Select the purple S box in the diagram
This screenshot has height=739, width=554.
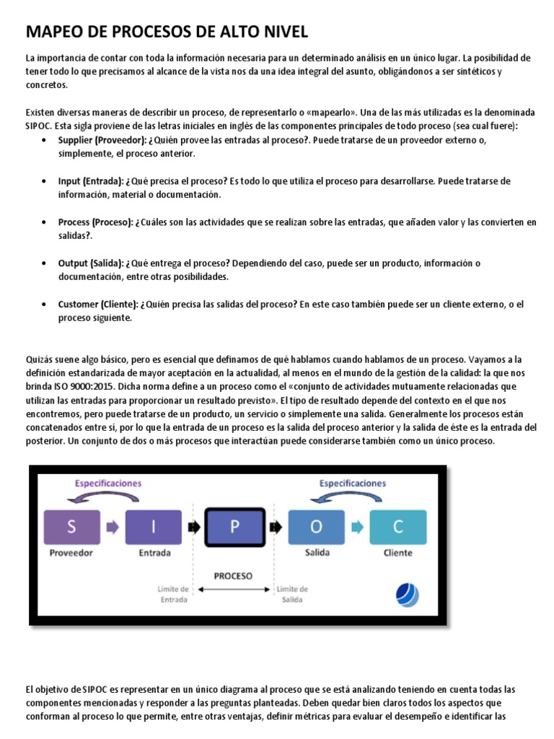71,527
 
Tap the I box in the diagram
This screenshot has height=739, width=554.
153,527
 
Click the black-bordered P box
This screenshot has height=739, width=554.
235,527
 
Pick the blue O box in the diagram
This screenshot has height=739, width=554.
317,527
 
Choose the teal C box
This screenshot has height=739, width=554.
398,527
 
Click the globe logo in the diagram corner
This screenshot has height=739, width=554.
408,594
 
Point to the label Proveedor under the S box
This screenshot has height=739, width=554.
71,554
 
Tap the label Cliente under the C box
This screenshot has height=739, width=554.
398,554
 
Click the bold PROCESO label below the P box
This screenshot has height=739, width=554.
233,576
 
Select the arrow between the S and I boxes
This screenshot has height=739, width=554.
112,528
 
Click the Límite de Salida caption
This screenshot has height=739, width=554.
293,594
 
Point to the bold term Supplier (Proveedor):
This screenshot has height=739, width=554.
102,140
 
